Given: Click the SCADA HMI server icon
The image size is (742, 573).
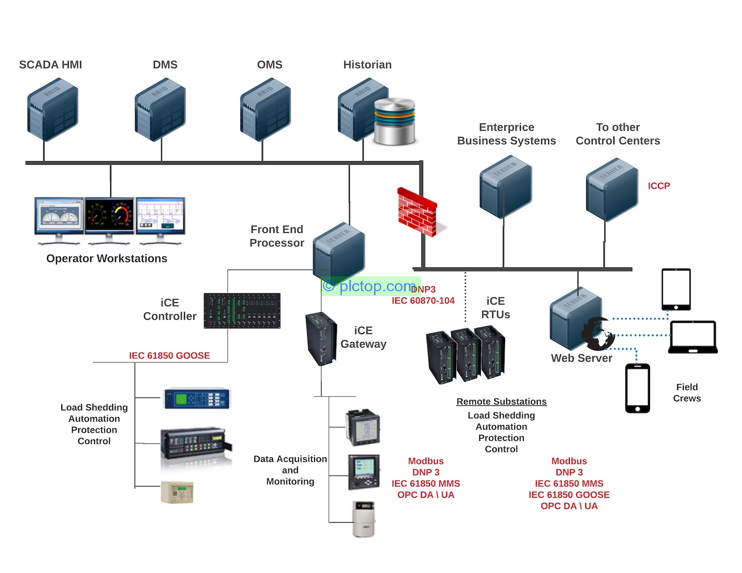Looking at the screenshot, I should [x=52, y=110].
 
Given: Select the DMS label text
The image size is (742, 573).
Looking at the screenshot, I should [x=165, y=65].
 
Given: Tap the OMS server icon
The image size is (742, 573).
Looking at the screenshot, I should [x=265, y=110].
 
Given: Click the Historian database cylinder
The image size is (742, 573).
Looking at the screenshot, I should [x=394, y=121].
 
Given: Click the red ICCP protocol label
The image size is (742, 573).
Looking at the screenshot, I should [x=658, y=186].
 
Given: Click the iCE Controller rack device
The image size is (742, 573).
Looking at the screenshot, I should [x=242, y=311].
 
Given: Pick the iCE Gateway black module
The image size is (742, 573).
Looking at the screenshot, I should [x=321, y=339].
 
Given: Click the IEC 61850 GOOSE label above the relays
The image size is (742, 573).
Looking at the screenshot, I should [x=169, y=355].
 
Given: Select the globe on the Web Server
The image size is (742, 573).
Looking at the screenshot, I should [x=598, y=334].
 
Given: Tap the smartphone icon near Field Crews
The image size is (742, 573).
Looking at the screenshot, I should [x=638, y=388].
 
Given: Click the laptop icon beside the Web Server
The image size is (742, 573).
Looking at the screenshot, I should [x=693, y=337].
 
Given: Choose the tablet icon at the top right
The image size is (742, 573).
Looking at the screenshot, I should [x=676, y=289].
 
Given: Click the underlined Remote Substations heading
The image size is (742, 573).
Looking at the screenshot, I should [x=501, y=401].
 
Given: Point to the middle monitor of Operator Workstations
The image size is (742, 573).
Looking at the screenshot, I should [x=109, y=218].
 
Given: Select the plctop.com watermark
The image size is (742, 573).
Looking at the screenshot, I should [x=370, y=286].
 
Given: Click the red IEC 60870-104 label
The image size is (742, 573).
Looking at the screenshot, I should [x=423, y=301].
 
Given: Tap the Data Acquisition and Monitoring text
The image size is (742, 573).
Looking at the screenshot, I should [x=290, y=470].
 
